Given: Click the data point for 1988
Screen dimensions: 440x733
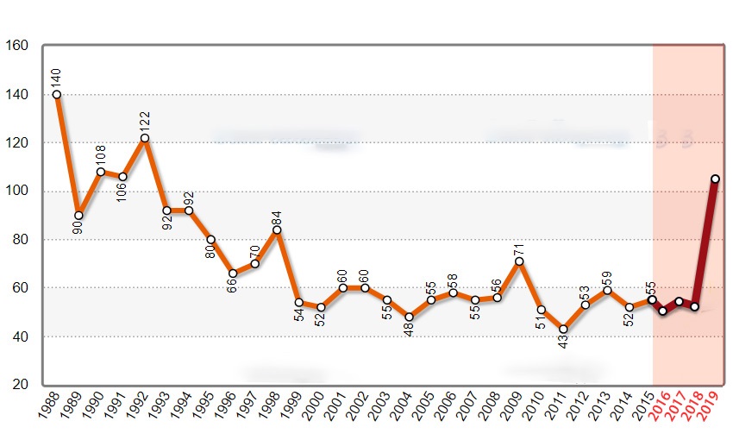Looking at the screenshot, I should click(x=57, y=95).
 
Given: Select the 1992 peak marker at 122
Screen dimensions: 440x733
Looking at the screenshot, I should click(x=145, y=138).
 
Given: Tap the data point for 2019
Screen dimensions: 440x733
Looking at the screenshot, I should click(x=715, y=179).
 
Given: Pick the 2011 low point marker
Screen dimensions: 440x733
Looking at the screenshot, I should click(x=563, y=329).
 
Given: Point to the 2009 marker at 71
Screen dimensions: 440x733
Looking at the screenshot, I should click(x=519, y=261).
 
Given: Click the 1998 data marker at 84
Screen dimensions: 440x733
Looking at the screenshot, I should click(x=277, y=229).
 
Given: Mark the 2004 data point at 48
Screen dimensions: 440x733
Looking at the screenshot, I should click(x=409, y=317).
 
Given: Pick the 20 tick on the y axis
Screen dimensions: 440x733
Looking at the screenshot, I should click(x=21, y=385).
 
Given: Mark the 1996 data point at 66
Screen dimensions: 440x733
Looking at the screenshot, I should click(x=233, y=273).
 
